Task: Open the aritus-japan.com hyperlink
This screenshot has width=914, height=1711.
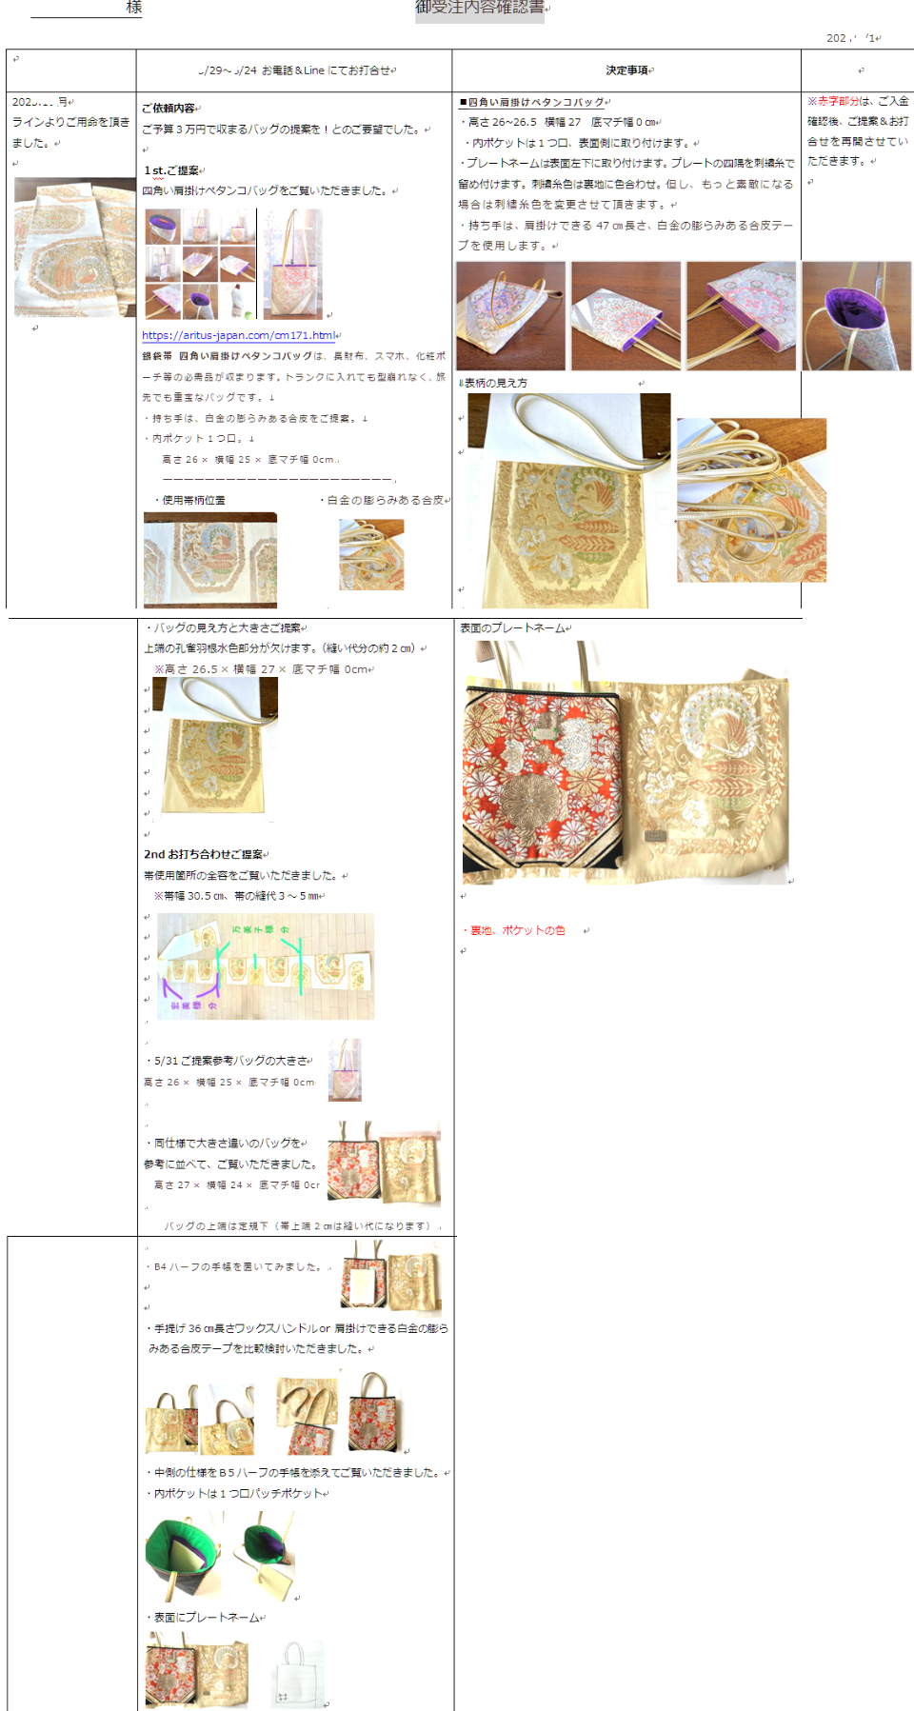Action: point(238,335)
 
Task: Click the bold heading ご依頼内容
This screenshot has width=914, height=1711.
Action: point(169,109)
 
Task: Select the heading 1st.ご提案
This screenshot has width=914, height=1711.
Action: point(171,170)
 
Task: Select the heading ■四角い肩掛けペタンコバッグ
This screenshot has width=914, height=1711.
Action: point(532,102)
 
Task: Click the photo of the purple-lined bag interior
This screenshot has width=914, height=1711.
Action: point(856,316)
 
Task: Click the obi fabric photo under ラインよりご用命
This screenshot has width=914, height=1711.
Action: point(74,248)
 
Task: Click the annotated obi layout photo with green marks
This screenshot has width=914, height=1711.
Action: point(266,966)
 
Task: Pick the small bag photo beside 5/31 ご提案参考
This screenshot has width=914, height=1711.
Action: point(346,1070)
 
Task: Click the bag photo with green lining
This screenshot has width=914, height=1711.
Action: point(183,1556)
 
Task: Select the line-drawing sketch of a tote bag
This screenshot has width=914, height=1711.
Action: point(298,1674)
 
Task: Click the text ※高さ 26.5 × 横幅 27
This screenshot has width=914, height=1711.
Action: point(262,669)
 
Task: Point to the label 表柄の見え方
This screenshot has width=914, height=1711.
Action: point(495,383)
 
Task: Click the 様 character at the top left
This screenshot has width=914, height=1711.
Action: point(134,8)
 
